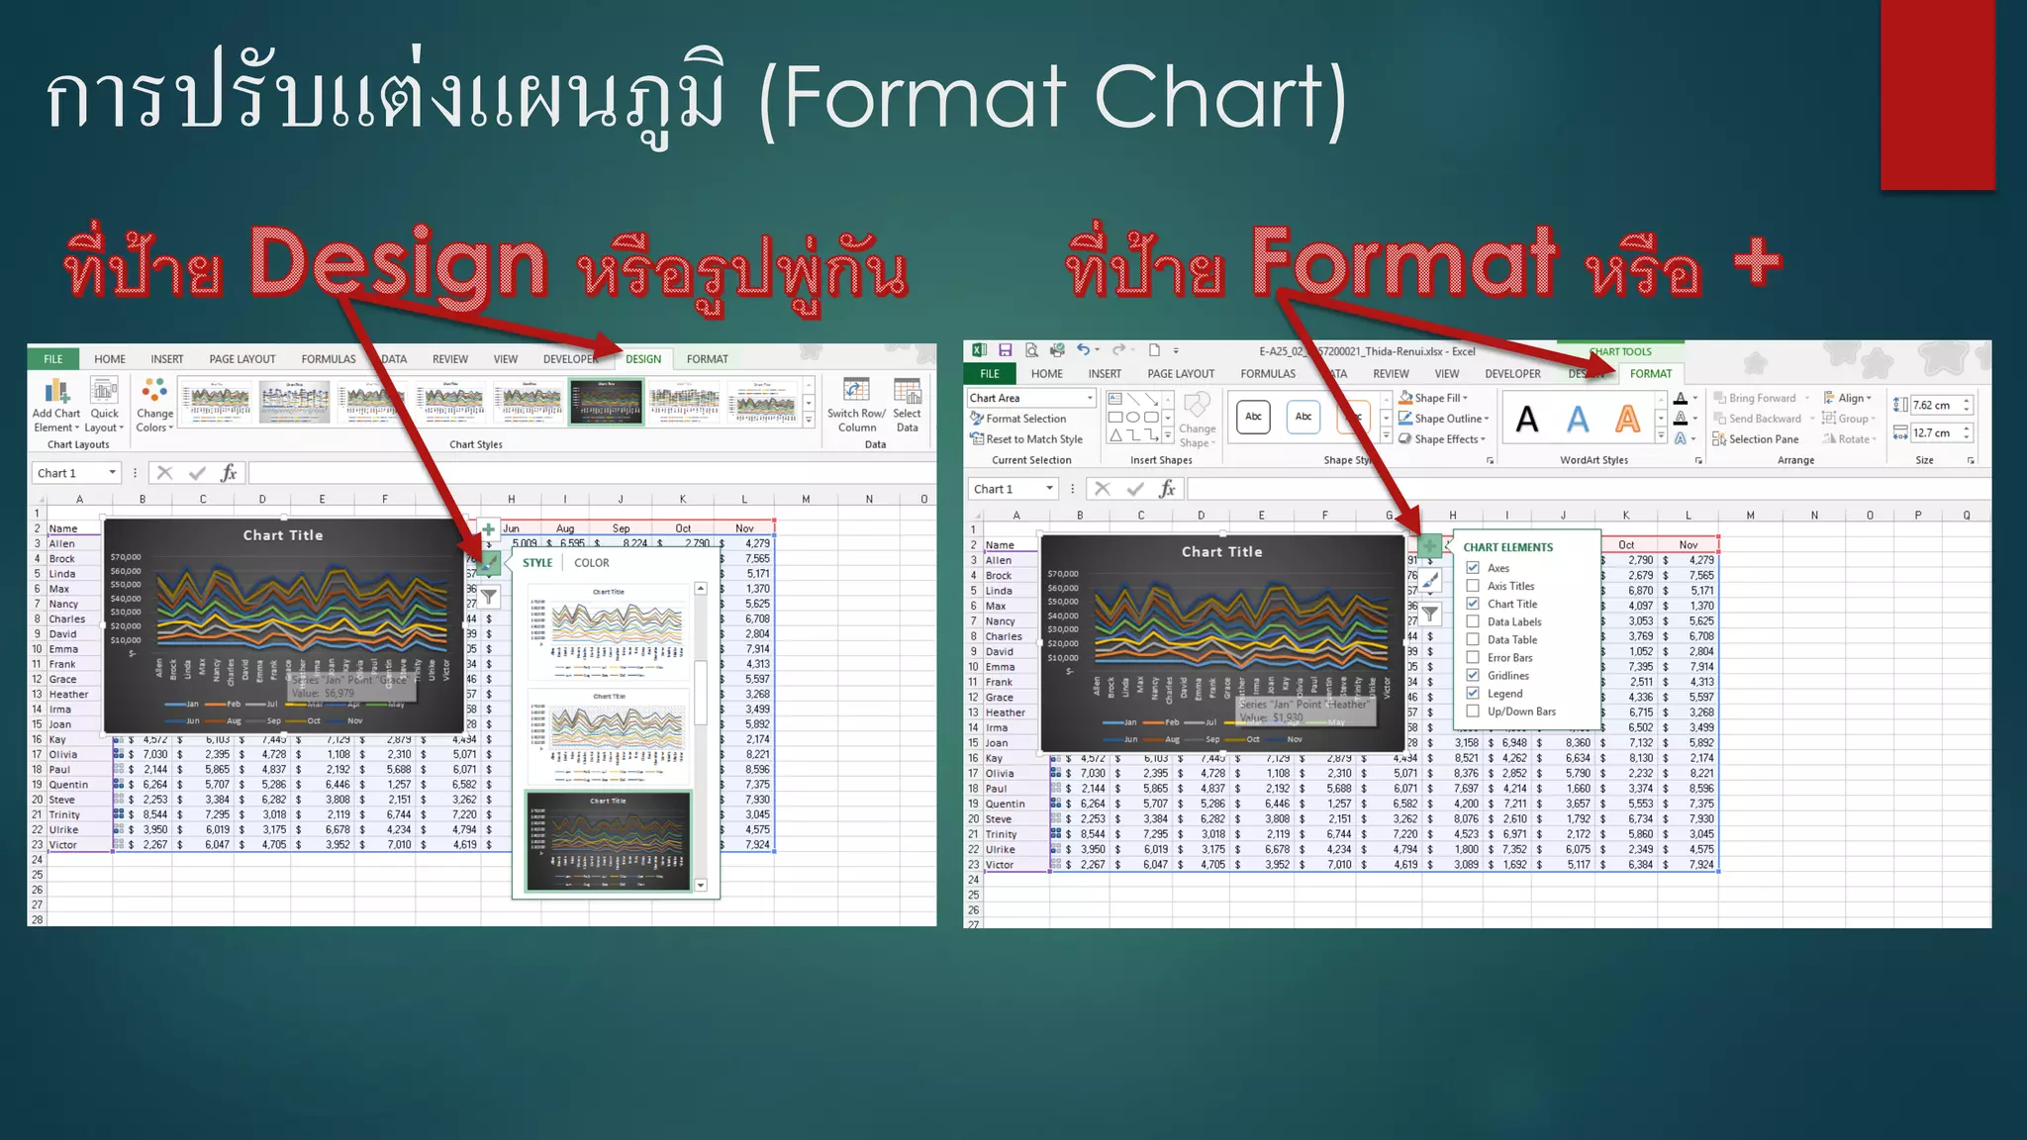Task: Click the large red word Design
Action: tap(397, 262)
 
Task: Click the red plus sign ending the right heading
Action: tap(1757, 262)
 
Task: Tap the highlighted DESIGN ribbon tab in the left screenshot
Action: tap(643, 359)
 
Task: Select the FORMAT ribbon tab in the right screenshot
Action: tap(1650, 374)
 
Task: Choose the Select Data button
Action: tap(907, 406)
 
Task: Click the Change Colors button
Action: tap(154, 406)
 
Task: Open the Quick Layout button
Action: tap(104, 406)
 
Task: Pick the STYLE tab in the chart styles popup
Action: tap(537, 563)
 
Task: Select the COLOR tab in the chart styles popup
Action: tap(592, 563)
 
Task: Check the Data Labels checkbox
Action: tap(1473, 622)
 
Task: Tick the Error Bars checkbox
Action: tap(1473, 658)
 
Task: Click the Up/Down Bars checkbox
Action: tap(1473, 712)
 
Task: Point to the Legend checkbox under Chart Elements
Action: tap(1473, 694)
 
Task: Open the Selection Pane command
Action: tap(1763, 439)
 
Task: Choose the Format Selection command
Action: tap(1025, 419)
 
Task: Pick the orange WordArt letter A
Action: tap(1627, 420)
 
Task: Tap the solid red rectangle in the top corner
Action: tap(1937, 94)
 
